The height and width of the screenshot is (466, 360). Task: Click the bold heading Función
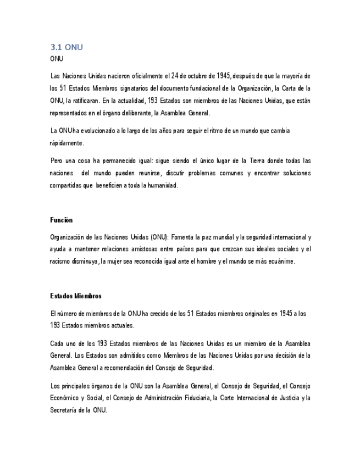(x=61, y=220)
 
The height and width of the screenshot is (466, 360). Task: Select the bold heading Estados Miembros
(x=76, y=296)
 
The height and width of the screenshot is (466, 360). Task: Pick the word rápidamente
(x=67, y=143)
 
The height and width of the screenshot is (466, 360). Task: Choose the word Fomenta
(x=185, y=237)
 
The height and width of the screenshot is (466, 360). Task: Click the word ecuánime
(x=280, y=262)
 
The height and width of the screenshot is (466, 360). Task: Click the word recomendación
(x=124, y=368)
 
